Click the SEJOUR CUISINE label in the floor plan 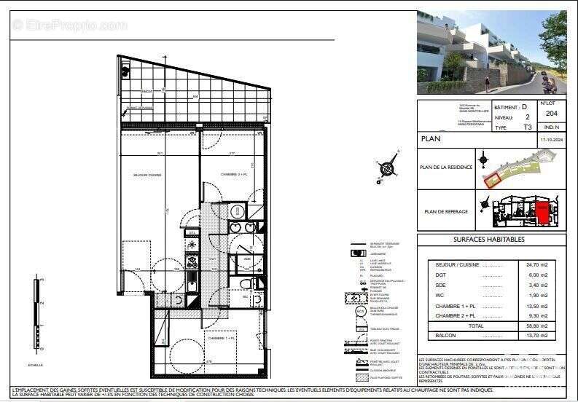(x=147, y=176)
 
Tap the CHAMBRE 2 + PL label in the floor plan (x=218, y=175)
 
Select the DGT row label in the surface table (x=441, y=275)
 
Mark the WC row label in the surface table (x=440, y=296)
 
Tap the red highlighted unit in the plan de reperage (x=542, y=213)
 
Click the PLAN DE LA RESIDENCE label (x=446, y=167)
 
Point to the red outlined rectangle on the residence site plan (x=496, y=176)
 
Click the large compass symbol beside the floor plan (x=388, y=167)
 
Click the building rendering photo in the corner (x=491, y=52)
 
